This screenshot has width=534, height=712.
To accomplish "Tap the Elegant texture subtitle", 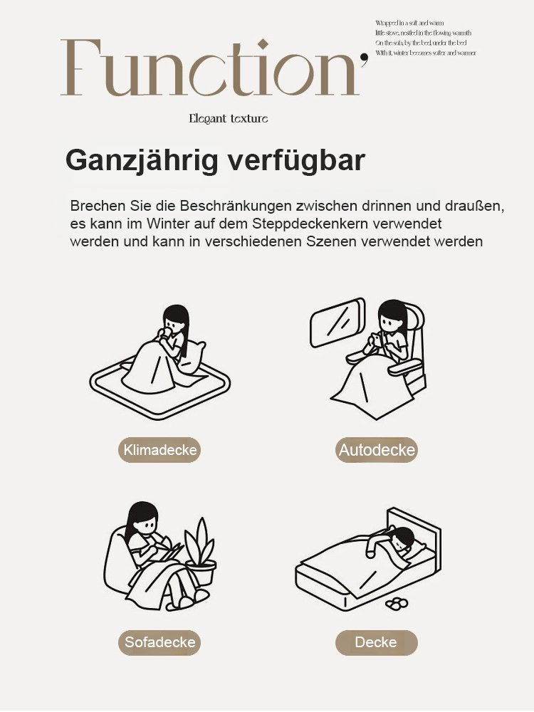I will click(228, 118).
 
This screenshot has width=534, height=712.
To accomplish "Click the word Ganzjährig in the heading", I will click(142, 160).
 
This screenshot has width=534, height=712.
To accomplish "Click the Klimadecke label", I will click(159, 450).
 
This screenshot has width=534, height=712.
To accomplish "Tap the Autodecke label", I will click(377, 450).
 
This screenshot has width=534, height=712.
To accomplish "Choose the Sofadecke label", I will click(159, 642).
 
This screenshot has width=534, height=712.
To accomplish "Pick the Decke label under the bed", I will click(376, 642).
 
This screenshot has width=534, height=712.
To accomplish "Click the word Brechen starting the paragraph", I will click(95, 206).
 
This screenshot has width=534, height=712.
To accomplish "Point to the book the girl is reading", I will click(169, 550).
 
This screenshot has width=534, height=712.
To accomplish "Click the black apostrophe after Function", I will click(365, 58).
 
